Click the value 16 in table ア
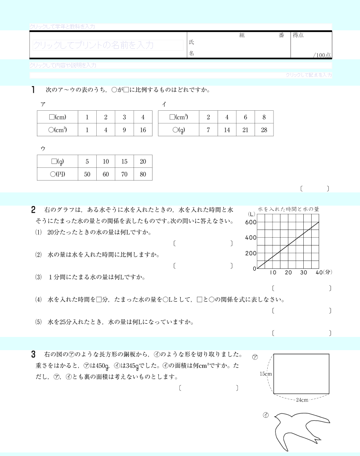[x=143, y=130]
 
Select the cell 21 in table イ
[x=245, y=130]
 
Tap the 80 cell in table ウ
[x=143, y=174]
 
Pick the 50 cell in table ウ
[x=87, y=174]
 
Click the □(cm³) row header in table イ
[x=178, y=117]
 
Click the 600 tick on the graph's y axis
[x=251, y=222]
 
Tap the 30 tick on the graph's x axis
[x=303, y=273]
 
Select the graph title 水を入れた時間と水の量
[x=288, y=209]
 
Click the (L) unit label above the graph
[x=252, y=214]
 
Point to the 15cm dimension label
[x=265, y=374]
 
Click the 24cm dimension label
[x=302, y=400]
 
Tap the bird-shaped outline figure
[x=303, y=431]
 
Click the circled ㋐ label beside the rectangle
[x=255, y=357]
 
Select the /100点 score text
[x=322, y=55]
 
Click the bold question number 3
[x=33, y=354]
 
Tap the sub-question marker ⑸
[x=38, y=322]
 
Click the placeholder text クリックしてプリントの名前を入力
[x=93, y=45]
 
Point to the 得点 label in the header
[x=298, y=35]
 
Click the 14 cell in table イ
[x=227, y=130]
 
